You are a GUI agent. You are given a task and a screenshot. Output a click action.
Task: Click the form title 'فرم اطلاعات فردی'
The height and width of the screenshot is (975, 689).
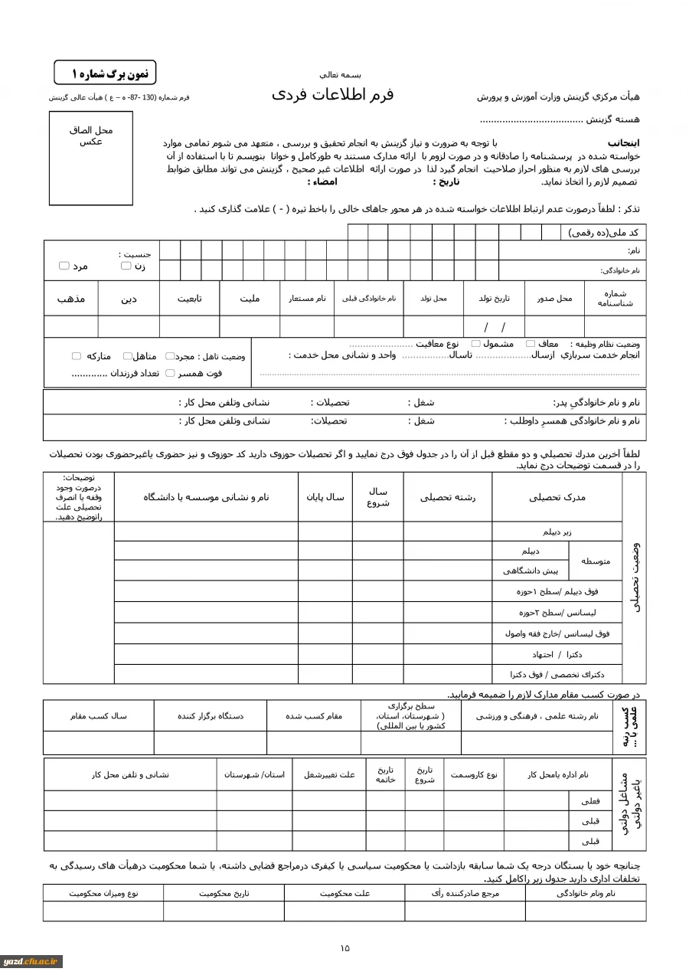coord(332,94)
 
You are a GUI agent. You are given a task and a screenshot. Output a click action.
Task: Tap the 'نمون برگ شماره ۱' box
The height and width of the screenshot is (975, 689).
coord(105,73)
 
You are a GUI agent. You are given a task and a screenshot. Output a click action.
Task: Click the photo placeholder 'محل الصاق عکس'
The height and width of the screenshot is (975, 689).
coord(91,159)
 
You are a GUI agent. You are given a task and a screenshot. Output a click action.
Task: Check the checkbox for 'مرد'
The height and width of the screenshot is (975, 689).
coord(64,266)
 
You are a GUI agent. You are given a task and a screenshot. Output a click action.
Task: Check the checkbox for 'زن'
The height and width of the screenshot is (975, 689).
coord(126,266)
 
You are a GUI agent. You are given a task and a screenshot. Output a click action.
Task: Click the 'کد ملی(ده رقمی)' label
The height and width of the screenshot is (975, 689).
coord(603,233)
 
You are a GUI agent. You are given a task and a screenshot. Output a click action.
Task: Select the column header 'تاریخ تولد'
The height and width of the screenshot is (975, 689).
coord(494,299)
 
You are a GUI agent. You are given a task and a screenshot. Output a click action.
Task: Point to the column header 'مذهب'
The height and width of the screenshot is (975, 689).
coord(70,299)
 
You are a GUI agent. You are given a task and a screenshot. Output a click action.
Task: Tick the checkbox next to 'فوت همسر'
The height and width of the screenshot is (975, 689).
coord(170,373)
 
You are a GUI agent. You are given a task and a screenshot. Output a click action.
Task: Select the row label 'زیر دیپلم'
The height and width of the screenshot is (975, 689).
coord(557,532)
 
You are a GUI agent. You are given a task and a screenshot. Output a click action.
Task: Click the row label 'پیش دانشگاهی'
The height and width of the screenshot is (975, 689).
coord(531,571)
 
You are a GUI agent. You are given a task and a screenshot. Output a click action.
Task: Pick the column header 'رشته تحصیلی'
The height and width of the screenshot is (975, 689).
coord(447,497)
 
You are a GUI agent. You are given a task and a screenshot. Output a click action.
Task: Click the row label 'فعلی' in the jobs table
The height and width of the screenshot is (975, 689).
coord(590,801)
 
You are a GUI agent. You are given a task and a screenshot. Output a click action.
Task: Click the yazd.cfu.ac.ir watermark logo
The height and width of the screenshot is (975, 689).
coord(31,961)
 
